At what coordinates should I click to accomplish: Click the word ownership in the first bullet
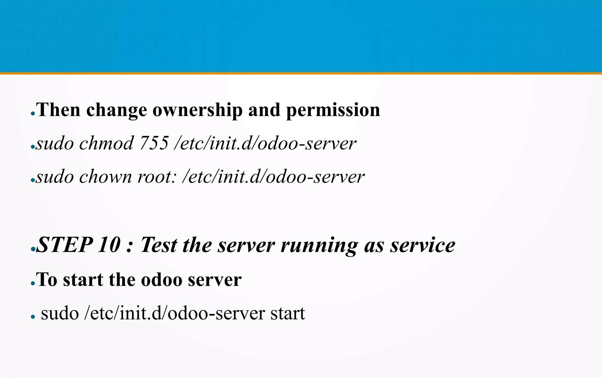[x=198, y=110]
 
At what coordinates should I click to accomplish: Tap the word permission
[x=333, y=110]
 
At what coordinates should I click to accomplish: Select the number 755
[x=154, y=143]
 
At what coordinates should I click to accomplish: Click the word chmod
[x=106, y=143]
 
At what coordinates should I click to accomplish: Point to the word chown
[x=106, y=177]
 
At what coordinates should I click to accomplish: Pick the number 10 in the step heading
[x=109, y=245]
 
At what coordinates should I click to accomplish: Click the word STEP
[x=65, y=245]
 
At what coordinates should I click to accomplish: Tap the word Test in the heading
[x=158, y=245]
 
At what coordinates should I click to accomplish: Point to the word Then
[x=58, y=110]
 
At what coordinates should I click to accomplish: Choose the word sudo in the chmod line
[x=55, y=143]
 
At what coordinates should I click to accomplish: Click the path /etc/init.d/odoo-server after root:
[x=273, y=177]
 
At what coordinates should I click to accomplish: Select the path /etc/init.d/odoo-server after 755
[x=265, y=143]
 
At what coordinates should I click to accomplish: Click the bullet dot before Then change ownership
[x=33, y=114]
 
